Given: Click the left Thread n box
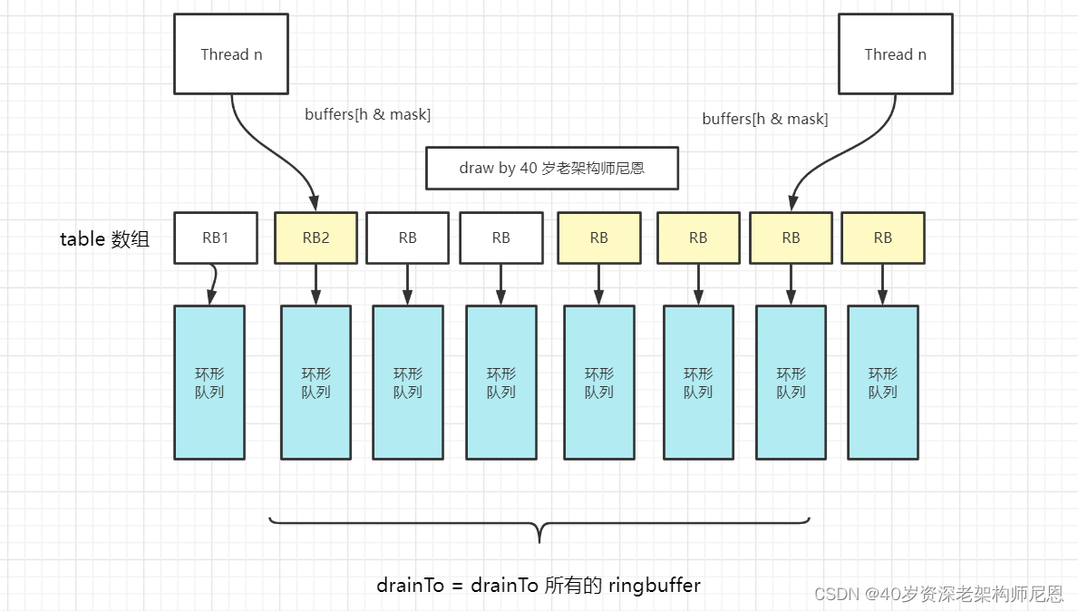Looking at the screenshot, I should pyautogui.click(x=230, y=53).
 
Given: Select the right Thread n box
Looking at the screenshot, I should pyautogui.click(x=895, y=53).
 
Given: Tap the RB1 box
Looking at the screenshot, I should pyautogui.click(x=216, y=238).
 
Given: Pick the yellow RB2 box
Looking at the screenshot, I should pyautogui.click(x=316, y=238).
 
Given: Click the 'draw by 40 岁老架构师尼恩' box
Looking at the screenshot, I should pyautogui.click(x=551, y=168).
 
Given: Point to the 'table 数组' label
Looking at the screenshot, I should pyautogui.click(x=104, y=239).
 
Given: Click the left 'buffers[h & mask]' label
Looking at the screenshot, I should pyautogui.click(x=367, y=114).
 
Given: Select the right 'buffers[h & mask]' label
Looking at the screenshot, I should pyautogui.click(x=764, y=119).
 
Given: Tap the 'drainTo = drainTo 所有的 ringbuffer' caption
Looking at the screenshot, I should pyautogui.click(x=539, y=585).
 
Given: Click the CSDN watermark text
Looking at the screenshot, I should pyautogui.click(x=938, y=594).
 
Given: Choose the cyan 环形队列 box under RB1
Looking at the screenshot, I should pyautogui.click(x=209, y=382).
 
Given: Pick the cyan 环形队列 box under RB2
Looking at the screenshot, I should pyautogui.click(x=316, y=382).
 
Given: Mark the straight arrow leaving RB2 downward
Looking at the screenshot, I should pyautogui.click(x=316, y=284).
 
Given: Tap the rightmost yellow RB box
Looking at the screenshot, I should pyautogui.click(x=882, y=238).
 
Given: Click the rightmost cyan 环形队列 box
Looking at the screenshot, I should pyautogui.click(x=882, y=382).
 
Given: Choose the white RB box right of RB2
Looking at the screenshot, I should pyautogui.click(x=407, y=238).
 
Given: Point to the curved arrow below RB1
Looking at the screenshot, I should pyautogui.click(x=213, y=284).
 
